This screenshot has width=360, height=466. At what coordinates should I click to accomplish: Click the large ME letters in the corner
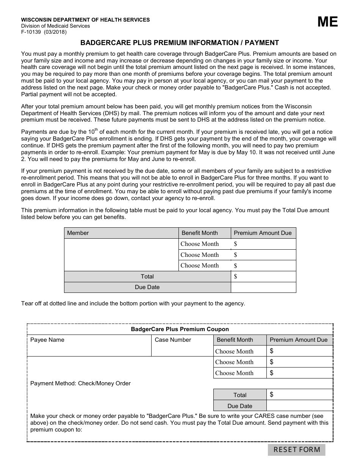(x=327, y=22)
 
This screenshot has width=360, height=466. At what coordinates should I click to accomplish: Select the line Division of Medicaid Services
(x=55, y=26)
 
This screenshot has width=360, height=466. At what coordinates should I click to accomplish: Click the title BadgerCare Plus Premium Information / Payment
(x=180, y=43)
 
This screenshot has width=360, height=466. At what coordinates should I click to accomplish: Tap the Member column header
(x=78, y=233)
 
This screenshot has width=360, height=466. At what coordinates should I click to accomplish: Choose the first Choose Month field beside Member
(x=200, y=244)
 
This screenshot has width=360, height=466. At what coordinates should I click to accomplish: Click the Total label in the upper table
(x=147, y=277)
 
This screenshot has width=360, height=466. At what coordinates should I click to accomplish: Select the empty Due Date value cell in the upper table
(x=263, y=287)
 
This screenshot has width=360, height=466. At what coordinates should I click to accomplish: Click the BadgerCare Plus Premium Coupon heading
(x=180, y=329)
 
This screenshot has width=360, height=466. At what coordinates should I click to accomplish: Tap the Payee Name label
(x=47, y=340)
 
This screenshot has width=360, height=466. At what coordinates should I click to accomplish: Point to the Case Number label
(x=173, y=340)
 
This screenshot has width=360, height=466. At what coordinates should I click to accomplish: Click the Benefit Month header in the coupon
(x=235, y=340)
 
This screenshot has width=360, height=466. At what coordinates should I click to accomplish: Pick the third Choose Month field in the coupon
(x=234, y=373)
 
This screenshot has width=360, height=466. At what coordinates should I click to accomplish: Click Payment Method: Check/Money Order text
(x=80, y=383)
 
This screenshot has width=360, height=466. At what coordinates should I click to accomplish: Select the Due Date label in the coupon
(x=240, y=406)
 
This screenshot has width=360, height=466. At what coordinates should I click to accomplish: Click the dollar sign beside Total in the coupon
(x=272, y=395)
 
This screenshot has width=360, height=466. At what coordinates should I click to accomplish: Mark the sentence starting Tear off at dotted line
(x=133, y=303)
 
